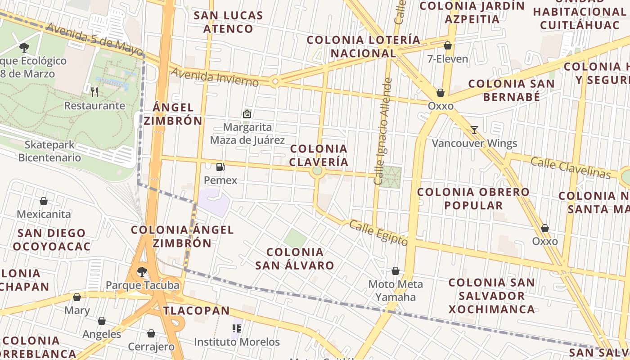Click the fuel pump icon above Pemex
[220, 167]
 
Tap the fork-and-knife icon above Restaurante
[94, 92]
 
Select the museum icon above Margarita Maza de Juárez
[247, 114]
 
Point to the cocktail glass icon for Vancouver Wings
[474, 130]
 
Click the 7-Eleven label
[448, 59]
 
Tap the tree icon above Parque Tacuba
[142, 271]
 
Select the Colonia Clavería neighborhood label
[319, 155]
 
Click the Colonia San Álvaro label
[295, 259]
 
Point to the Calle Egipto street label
[378, 233]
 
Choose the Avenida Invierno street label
[215, 77]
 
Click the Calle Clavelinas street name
[570, 167]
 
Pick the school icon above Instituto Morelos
[236, 328]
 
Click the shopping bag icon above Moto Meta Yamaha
[396, 271]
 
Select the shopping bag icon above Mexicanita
[44, 201]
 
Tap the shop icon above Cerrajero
[151, 333]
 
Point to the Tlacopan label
[197, 310]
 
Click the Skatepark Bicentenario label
[49, 151]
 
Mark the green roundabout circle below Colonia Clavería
[317, 171]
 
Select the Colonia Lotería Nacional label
[364, 47]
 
